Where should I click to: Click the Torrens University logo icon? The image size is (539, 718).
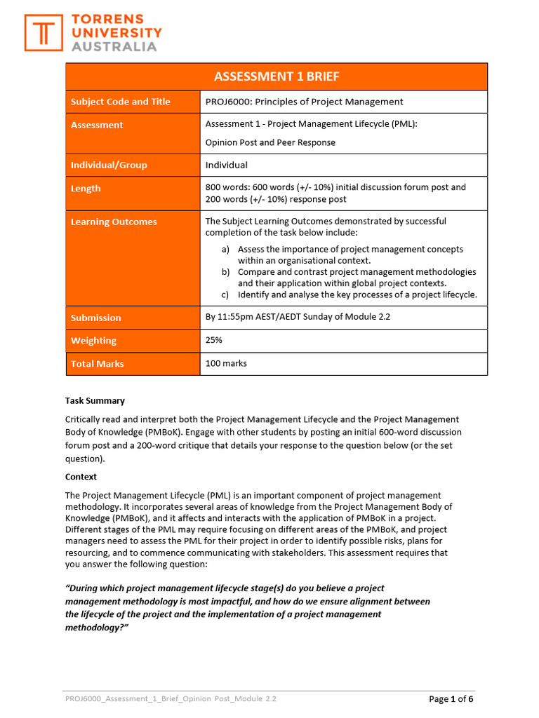(44, 33)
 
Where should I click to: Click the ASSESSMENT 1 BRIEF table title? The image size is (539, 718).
(277, 76)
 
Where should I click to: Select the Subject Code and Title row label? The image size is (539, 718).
(120, 102)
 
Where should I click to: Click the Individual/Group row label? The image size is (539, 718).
(109, 165)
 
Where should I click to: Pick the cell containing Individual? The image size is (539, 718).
(226, 165)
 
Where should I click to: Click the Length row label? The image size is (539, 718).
(86, 189)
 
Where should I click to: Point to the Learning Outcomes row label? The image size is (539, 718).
(114, 222)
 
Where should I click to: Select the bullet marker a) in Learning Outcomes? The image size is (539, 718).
(225, 250)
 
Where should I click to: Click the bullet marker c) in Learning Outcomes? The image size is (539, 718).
(225, 294)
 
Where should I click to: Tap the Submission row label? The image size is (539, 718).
(95, 318)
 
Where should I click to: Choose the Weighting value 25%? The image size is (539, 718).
(214, 340)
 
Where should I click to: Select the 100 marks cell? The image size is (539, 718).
(226, 363)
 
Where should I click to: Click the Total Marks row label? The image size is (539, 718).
(97, 364)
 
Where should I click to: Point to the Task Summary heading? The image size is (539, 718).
(95, 401)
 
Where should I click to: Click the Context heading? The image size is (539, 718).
(81, 477)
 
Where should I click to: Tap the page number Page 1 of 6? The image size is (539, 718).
(451, 699)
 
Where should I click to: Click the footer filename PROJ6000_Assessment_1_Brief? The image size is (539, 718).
(126, 699)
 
